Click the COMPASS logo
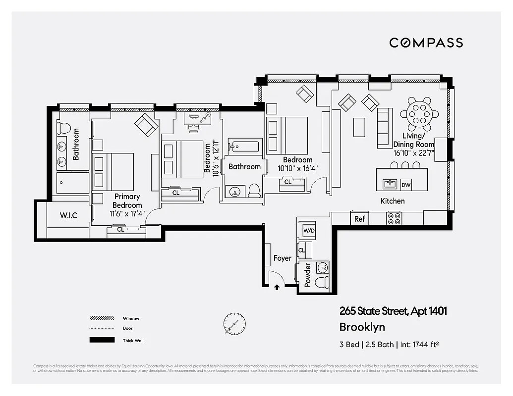[426, 43]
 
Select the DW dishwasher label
[406, 185]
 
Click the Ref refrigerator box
[359, 219]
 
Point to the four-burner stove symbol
[394, 218]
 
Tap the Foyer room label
[283, 258]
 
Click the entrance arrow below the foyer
[277, 286]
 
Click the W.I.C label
[68, 215]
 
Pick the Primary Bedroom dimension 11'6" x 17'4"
[127, 214]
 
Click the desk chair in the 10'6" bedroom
[195, 124]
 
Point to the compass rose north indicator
[234, 323]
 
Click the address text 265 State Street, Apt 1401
[393, 311]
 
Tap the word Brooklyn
[362, 327]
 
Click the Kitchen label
[392, 201]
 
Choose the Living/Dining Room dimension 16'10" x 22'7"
[413, 153]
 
